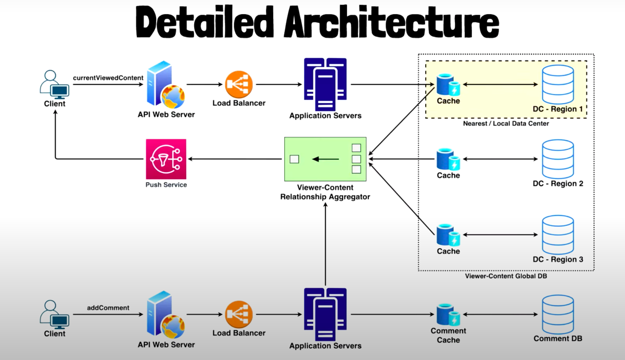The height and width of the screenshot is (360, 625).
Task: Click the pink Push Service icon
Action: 167,158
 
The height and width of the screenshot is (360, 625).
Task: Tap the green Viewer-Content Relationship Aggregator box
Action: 325,159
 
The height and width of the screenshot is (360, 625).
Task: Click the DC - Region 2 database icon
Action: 558,158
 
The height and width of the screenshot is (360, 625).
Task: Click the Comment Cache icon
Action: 448,314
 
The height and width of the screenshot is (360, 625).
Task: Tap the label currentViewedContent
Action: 108,78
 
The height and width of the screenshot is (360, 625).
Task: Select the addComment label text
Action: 108,308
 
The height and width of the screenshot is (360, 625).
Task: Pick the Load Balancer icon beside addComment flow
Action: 239,314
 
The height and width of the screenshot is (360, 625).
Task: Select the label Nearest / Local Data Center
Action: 506,124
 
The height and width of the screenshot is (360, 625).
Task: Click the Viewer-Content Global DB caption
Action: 506,276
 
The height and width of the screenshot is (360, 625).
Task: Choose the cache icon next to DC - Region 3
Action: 448,235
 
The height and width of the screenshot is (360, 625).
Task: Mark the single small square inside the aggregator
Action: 295,159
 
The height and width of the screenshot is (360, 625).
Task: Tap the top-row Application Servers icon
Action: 325,82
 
